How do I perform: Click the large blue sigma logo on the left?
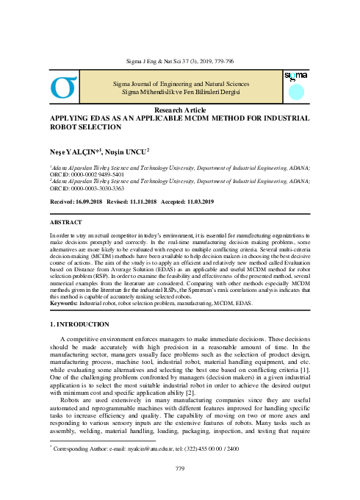(63, 87)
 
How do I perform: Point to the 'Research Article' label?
(179, 109)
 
